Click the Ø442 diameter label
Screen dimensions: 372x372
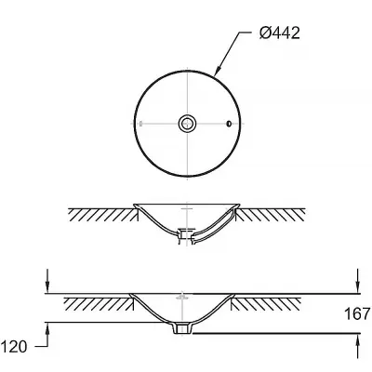tap(280, 33)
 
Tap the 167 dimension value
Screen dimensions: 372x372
tap(357, 313)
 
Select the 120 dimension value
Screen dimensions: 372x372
tap(14, 346)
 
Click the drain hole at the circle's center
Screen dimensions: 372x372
tap(188, 124)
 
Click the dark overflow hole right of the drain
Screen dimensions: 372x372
tap(229, 124)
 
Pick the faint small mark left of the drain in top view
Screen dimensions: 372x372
tap(141, 124)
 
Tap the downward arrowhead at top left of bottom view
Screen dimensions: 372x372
tap(47, 286)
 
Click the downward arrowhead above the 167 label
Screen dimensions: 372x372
tap(358, 286)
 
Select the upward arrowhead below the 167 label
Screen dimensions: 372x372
tap(358, 341)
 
